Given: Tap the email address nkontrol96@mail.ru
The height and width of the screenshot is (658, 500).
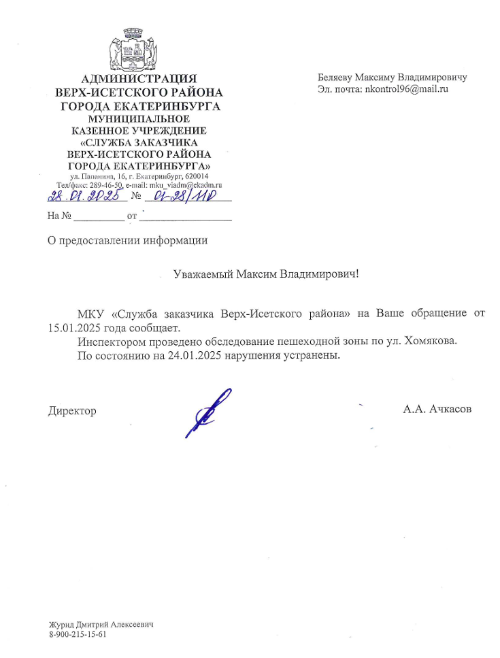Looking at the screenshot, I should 407,88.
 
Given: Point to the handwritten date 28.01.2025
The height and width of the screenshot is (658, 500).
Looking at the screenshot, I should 86,197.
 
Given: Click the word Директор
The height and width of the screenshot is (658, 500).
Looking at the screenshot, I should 71,411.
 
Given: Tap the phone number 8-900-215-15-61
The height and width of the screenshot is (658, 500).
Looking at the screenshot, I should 78,634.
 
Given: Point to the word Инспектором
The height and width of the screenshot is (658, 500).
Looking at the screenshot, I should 108,341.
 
